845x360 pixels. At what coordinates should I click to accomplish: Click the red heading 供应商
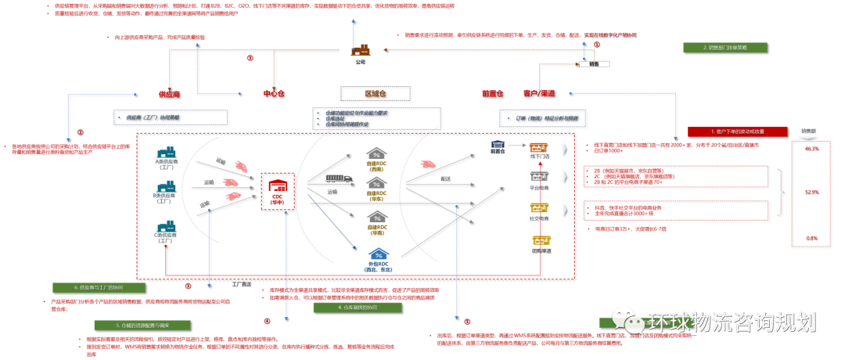[169, 94]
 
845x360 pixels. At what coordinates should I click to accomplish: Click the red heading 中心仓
[273, 94]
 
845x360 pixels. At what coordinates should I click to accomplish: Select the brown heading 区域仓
[375, 94]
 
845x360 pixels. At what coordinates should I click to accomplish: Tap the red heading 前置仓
[492, 94]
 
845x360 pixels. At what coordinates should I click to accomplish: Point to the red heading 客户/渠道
[539, 94]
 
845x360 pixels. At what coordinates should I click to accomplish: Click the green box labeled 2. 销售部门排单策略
[725, 48]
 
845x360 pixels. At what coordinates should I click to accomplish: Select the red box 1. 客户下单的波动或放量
[737, 131]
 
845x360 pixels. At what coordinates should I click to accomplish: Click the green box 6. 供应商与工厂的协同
[99, 288]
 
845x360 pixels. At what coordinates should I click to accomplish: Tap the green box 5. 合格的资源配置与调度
[142, 325]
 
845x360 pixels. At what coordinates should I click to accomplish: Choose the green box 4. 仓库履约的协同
[357, 308]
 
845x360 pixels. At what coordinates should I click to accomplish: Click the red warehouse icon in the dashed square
[277, 187]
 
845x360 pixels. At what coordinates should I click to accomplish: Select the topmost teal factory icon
[166, 152]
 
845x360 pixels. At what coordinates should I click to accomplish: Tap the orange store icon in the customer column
[538, 147]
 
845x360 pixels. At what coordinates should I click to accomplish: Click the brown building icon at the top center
[361, 51]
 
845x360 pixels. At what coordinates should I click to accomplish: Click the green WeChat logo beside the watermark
[627, 319]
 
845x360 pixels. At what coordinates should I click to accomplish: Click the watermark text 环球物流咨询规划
[732, 322]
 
